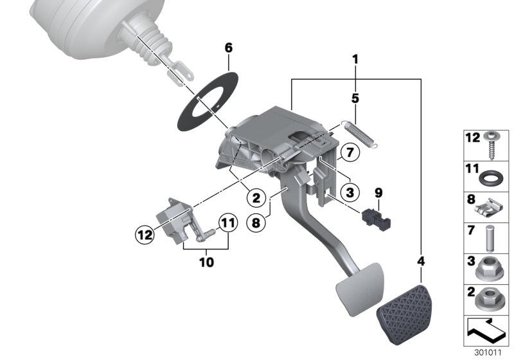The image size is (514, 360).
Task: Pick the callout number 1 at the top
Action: pyautogui.click(x=354, y=60)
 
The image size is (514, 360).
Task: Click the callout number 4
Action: pyautogui.click(x=421, y=262)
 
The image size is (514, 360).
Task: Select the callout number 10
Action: pyautogui.click(x=206, y=262)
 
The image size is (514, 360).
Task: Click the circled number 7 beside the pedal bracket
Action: pyautogui.click(x=348, y=153)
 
